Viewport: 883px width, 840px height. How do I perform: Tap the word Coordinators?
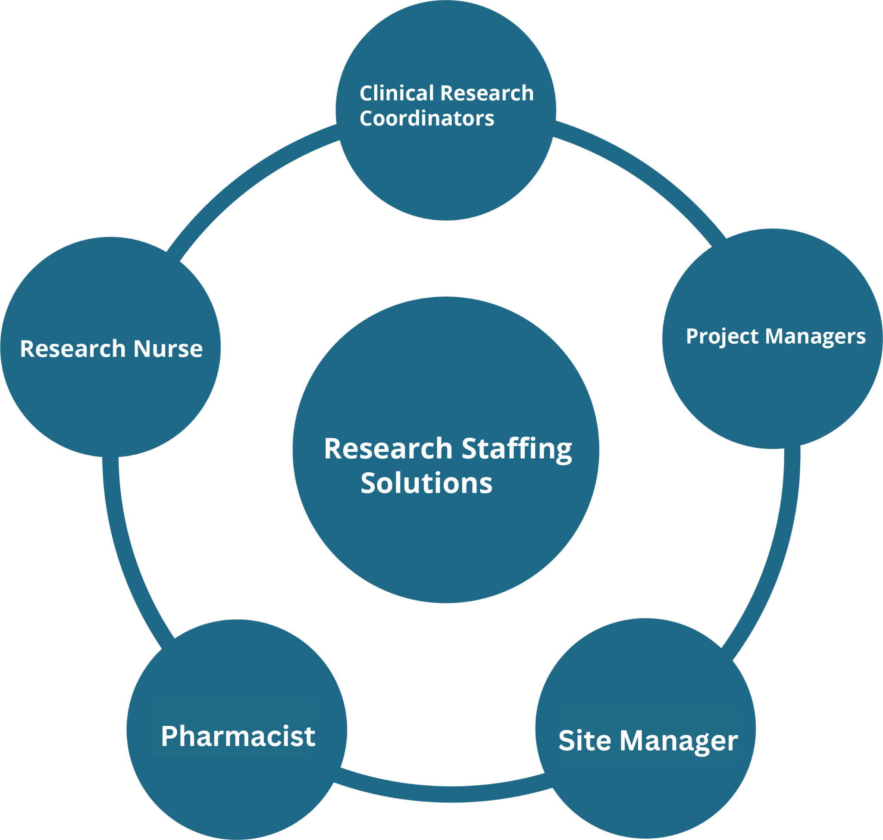pyautogui.click(x=426, y=118)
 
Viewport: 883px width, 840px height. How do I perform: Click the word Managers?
pyautogui.click(x=815, y=337)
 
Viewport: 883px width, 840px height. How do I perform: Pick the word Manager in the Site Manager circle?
pyautogui.click(x=679, y=741)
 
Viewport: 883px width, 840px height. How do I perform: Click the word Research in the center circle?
pyautogui.click(x=388, y=449)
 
